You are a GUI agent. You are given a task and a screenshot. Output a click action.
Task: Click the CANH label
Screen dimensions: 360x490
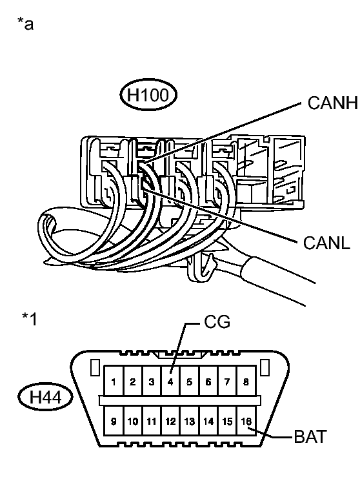[332, 103]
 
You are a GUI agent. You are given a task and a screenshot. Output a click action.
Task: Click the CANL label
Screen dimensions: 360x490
[326, 243]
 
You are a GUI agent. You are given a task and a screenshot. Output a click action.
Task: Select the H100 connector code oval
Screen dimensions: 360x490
[148, 95]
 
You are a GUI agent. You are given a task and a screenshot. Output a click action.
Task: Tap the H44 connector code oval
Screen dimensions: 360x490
[45, 398]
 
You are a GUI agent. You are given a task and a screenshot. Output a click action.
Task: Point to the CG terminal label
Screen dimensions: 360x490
[217, 322]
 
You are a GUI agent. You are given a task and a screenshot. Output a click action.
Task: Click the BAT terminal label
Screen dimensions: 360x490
[310, 436]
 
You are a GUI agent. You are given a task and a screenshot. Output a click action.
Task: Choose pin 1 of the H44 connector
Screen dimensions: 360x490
[114, 382]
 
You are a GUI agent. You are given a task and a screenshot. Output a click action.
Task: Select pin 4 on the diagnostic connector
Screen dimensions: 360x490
[170, 382]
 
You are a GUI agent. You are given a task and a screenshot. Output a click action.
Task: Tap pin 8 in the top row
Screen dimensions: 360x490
[246, 382]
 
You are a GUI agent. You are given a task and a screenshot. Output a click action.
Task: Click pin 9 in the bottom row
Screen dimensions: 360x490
[114, 421]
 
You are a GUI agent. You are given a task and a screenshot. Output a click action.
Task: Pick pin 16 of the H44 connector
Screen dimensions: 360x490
[246, 421]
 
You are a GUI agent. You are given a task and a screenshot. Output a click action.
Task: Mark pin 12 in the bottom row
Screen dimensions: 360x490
[170, 421]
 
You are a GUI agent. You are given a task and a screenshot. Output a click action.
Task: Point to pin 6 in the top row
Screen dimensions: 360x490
[208, 382]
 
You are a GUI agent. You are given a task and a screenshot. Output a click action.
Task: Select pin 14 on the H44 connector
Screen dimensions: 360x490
[208, 421]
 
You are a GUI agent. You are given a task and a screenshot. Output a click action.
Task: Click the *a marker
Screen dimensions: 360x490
[25, 24]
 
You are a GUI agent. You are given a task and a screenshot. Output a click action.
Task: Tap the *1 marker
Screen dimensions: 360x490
[29, 319]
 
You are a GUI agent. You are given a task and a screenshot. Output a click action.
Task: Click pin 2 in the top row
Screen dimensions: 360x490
[133, 382]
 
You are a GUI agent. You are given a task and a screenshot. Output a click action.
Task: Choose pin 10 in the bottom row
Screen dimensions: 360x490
[133, 421]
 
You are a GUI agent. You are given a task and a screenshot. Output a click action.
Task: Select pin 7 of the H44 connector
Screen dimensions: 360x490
[227, 382]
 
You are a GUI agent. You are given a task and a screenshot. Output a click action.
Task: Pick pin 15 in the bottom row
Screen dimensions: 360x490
[227, 421]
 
